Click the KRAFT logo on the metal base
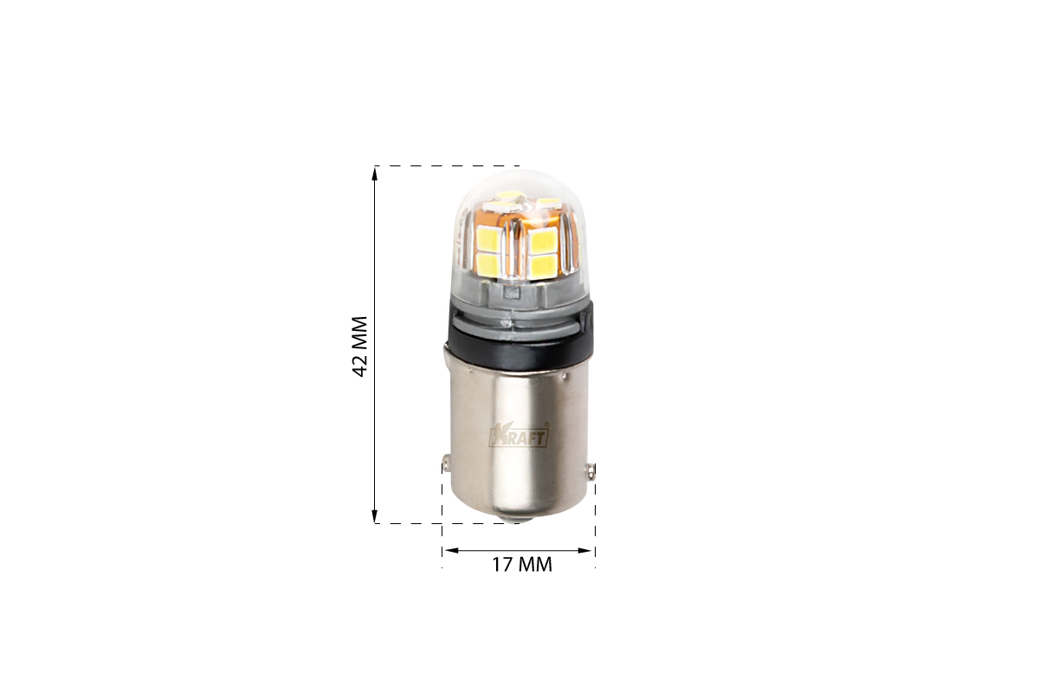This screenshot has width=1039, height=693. point(519,437)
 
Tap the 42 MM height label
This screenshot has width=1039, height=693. point(360,346)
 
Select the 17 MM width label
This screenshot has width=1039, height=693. point(522,565)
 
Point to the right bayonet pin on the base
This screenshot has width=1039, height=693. point(591,471)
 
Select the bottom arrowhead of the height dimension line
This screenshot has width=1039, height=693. point(375,515)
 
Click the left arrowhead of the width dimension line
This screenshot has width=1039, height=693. point(450,550)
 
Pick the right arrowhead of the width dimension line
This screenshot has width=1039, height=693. point(585,550)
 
